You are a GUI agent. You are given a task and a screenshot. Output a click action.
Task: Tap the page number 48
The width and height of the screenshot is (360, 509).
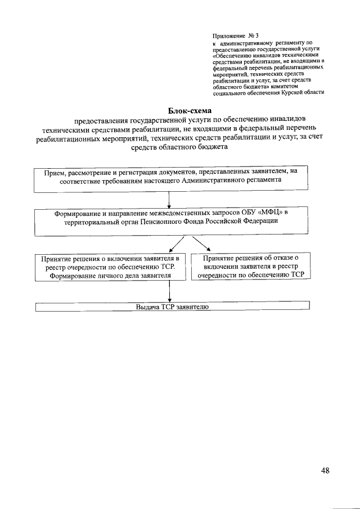pyautogui.click(x=325, y=471)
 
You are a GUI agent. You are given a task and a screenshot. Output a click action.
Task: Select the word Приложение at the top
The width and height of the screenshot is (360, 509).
pyautogui.click(x=228, y=35)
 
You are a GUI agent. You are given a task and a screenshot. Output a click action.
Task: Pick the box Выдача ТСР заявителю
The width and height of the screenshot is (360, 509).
pyautogui.click(x=172, y=307)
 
